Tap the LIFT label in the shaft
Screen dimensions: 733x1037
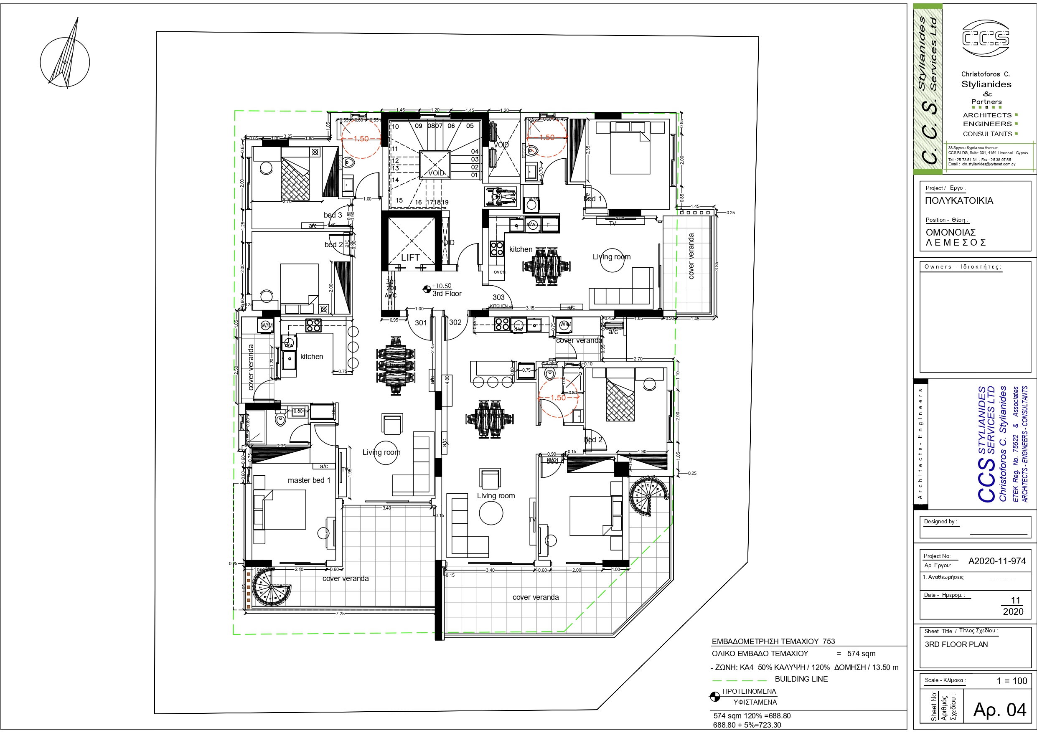pos(410,257)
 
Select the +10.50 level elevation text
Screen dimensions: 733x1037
pos(441,286)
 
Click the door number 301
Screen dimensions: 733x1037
pos(420,322)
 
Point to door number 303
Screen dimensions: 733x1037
pos(498,297)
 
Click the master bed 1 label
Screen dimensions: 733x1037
pos(308,480)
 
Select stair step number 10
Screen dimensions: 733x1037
pos(395,127)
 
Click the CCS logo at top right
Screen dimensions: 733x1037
pos(986,38)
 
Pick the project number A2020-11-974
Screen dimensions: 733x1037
pos(997,561)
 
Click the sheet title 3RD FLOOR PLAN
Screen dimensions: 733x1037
pos(956,644)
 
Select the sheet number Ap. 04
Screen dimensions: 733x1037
pos(999,710)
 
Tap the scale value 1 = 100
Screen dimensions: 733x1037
pos(1012,681)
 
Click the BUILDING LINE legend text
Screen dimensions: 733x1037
pos(801,679)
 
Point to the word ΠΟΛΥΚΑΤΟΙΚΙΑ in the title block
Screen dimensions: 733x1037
pos(959,200)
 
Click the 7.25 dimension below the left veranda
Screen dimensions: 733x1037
pos(340,613)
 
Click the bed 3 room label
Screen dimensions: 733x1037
pos(333,215)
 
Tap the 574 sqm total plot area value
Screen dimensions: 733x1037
pos(861,654)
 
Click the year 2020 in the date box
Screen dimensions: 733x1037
pos(1013,611)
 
